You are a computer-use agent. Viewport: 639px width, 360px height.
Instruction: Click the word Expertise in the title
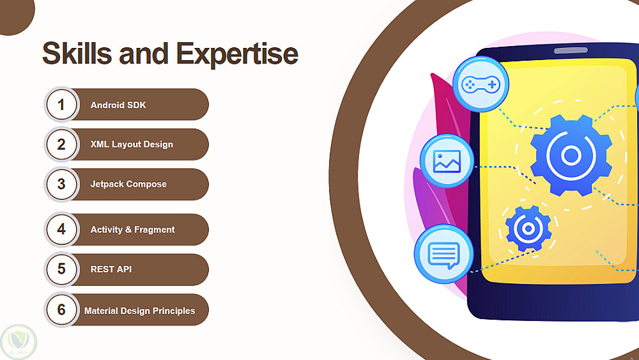tap(237, 54)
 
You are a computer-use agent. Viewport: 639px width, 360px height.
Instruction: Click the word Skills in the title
tap(77, 53)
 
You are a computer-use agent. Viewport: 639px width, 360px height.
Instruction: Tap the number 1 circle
tap(61, 104)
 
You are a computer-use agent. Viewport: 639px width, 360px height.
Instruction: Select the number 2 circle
tap(61, 145)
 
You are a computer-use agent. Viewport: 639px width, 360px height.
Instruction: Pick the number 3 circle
tap(61, 184)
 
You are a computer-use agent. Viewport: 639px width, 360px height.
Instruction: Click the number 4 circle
tap(61, 229)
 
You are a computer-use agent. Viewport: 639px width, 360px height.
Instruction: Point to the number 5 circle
tap(61, 269)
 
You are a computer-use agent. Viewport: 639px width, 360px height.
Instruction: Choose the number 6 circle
tap(61, 310)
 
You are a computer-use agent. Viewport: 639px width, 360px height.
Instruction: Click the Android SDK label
tap(118, 106)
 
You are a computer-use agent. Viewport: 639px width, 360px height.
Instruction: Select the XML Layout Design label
tap(132, 145)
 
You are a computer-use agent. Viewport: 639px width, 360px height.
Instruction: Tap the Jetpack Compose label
tap(128, 184)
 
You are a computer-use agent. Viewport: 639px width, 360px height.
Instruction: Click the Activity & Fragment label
tap(132, 230)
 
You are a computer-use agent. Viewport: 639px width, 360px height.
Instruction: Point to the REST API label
tap(111, 269)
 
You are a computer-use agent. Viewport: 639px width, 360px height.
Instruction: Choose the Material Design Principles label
tap(140, 311)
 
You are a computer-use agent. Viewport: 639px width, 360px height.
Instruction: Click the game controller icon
tap(481, 84)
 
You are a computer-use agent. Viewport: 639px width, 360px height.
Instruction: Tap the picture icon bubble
tap(447, 161)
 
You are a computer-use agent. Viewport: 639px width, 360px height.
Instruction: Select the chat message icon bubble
tap(444, 254)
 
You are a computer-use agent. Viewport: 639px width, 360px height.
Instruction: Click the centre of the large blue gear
tap(571, 155)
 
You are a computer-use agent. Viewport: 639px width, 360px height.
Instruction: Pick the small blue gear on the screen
tap(528, 228)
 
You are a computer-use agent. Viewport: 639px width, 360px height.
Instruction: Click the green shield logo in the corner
tap(19, 342)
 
